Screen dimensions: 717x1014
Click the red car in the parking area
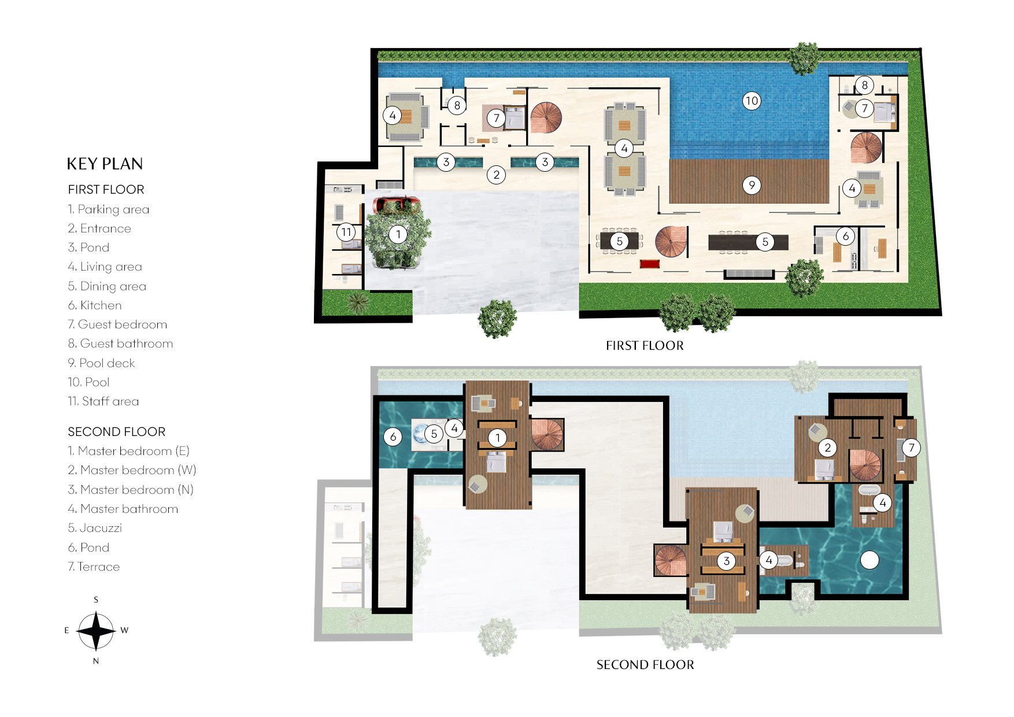[396, 204]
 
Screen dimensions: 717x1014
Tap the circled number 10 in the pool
[751, 101]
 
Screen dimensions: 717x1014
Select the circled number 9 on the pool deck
[751, 185]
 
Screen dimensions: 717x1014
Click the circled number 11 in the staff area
[346, 232]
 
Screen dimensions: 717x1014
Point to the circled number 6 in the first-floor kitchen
[845, 236]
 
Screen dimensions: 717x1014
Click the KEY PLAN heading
[105, 164]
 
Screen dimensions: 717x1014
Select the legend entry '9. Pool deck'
[101, 363]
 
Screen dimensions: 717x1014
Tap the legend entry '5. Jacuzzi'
[95, 528]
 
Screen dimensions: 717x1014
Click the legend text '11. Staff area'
[103, 401]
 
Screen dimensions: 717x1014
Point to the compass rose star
[96, 630]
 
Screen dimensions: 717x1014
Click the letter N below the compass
[96, 661]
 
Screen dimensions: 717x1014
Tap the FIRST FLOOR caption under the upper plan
[645, 346]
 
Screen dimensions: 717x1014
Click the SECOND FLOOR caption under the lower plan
[645, 665]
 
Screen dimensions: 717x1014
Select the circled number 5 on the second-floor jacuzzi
[434, 434]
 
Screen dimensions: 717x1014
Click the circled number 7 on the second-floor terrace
[911, 447]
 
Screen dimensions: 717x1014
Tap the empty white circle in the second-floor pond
[869, 559]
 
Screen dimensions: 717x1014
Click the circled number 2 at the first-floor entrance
[496, 175]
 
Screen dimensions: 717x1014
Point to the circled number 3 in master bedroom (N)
[726, 560]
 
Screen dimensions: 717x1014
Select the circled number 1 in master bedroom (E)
[497, 438]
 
